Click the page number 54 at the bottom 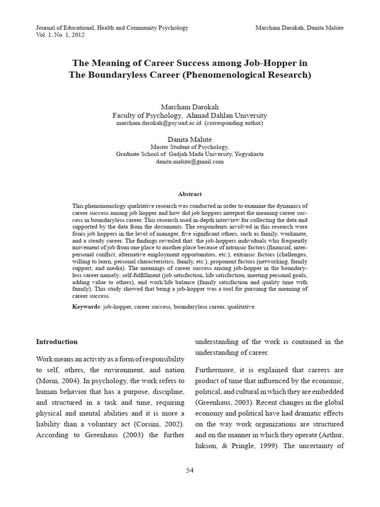click(x=190, y=470)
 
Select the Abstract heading click(x=190, y=194)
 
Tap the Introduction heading click(x=57, y=342)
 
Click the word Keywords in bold click(x=86, y=307)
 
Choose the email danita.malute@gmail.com click(x=190, y=161)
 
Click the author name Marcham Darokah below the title click(x=190, y=107)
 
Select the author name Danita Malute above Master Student click(x=190, y=139)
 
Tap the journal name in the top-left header click(x=112, y=28)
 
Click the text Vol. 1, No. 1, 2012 click(x=61, y=36)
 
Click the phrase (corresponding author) click(x=234, y=122)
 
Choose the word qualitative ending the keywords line click(x=241, y=307)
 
